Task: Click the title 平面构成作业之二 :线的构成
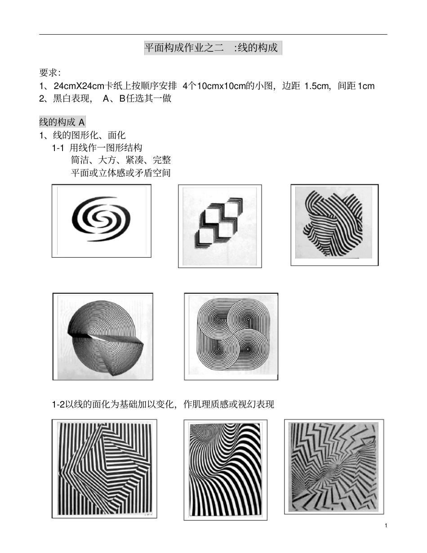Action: pyautogui.click(x=212, y=47)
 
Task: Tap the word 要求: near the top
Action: pyautogui.click(x=50, y=73)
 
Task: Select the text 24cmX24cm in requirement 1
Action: pyautogui.click(x=79, y=86)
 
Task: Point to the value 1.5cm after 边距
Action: pyautogui.click(x=317, y=86)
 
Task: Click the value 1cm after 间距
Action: pyautogui.click(x=366, y=86)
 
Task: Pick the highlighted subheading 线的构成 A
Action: pyautogui.click(x=62, y=122)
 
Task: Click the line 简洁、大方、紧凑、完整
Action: pyautogui.click(x=121, y=160)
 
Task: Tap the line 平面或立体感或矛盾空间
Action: pyautogui.click(x=121, y=173)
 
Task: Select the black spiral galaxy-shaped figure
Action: pyautogui.click(x=101, y=220)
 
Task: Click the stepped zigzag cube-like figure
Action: pyautogui.click(x=220, y=226)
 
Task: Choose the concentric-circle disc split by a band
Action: pyautogui.click(x=103, y=336)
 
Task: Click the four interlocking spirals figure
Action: pyautogui.click(x=231, y=336)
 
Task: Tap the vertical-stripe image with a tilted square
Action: pyautogui.click(x=104, y=468)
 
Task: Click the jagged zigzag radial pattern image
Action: pyautogui.click(x=334, y=466)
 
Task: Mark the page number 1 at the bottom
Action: pyautogui.click(x=386, y=526)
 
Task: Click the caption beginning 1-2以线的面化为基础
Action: pyautogui.click(x=163, y=404)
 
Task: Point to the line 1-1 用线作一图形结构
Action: pyautogui.click(x=98, y=147)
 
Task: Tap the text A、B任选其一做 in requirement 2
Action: pyautogui.click(x=137, y=98)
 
